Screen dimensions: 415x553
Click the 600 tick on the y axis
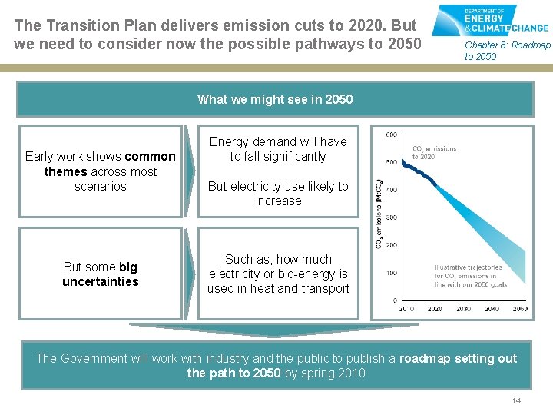tap(390, 135)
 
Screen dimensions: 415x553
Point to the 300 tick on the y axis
tap(390, 217)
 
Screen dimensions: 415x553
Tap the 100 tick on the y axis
tap(390, 273)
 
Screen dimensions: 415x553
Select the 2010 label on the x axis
tap(406, 309)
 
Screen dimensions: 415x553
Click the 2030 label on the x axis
tap(463, 309)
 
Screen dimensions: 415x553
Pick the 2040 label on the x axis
tap(492, 309)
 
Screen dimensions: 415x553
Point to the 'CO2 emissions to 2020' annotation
tap(434, 152)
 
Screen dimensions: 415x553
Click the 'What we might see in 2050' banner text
tap(275, 99)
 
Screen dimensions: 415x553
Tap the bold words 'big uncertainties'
tap(101, 274)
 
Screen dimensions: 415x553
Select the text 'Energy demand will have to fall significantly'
tap(278, 149)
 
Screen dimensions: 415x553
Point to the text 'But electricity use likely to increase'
tap(278, 194)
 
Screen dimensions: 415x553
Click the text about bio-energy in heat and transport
tap(278, 274)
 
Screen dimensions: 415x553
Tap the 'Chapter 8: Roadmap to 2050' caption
tap(507, 51)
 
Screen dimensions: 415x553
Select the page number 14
tap(516, 401)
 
